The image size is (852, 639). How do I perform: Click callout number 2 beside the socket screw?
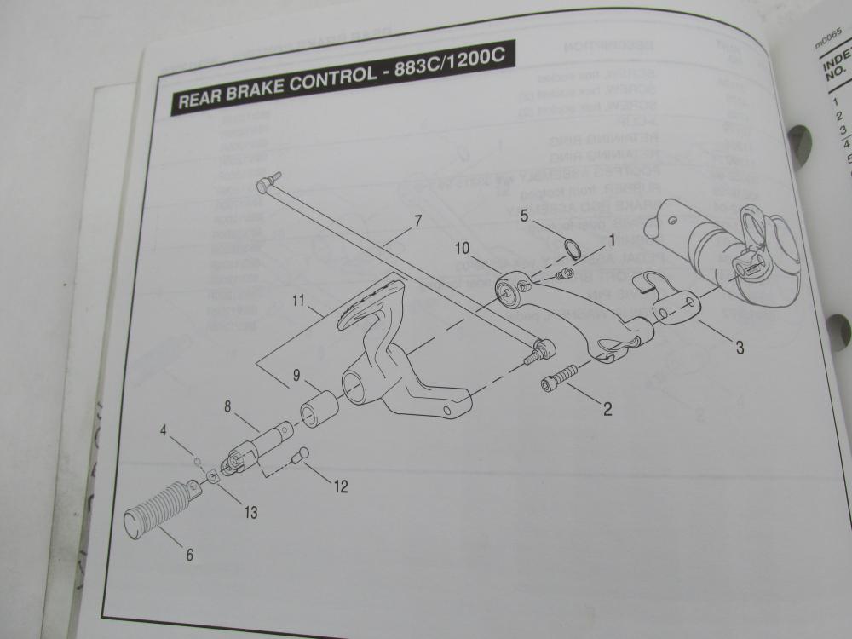pos(607,409)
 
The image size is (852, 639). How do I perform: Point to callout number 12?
pos(341,488)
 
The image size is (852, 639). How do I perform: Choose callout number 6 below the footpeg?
pos(189,554)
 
